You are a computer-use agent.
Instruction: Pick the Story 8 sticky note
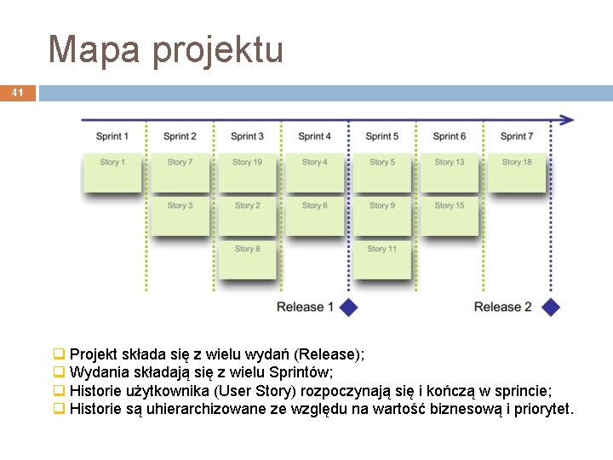247,259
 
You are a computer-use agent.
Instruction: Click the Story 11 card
382,259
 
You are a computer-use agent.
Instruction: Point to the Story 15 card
450,216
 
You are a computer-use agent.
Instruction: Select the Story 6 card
314,216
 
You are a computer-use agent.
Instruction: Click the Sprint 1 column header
112,136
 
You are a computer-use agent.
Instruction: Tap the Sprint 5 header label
382,136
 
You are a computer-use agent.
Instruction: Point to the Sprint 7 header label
517,136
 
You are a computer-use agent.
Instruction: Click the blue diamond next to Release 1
348,307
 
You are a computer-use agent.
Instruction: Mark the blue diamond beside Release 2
552,307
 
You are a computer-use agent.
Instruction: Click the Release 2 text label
502,307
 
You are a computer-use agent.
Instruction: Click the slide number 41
17,92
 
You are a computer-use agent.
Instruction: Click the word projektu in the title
217,51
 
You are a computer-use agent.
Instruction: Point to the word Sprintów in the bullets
305,372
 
